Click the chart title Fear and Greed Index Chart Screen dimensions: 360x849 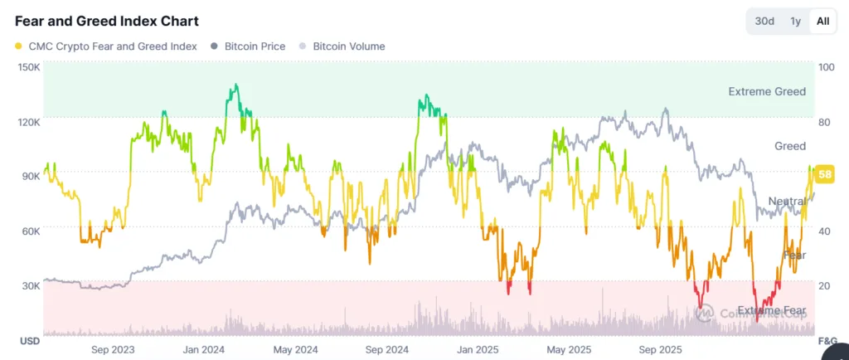pyautogui.click(x=107, y=21)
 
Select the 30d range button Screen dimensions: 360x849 pyautogui.click(x=764, y=21)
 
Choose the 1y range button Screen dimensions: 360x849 pyautogui.click(x=795, y=21)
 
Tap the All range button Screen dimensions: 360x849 pyautogui.click(x=822, y=21)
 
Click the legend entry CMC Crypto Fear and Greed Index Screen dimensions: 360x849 pyautogui.click(x=106, y=46)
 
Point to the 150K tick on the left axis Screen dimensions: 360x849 pyautogui.click(x=28, y=67)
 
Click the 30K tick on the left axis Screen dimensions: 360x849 pyautogui.click(x=30, y=285)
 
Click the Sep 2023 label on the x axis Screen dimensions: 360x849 pyautogui.click(x=114, y=350)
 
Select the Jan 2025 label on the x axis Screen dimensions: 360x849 pyautogui.click(x=476, y=350)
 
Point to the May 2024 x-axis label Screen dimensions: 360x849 pyautogui.click(x=295, y=350)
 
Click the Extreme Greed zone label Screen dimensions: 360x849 pyautogui.click(x=767, y=91)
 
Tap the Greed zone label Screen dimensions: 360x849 pyautogui.click(x=789, y=146)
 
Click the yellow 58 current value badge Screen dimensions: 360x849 pyautogui.click(x=825, y=174)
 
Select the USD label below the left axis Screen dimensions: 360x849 pyautogui.click(x=29, y=341)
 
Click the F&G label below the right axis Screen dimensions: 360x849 pyautogui.click(x=827, y=341)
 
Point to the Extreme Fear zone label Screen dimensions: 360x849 pyautogui.click(x=771, y=311)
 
